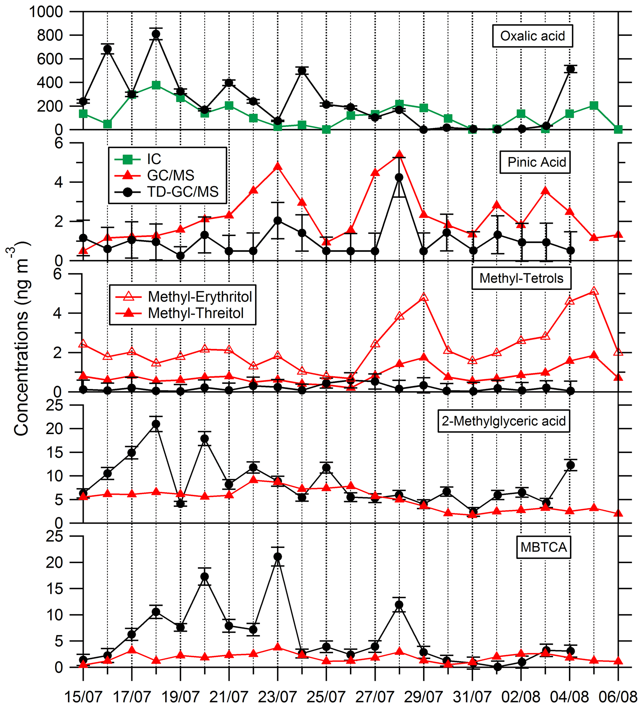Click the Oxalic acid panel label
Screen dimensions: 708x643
tap(532, 36)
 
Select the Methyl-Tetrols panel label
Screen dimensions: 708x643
tap(521, 278)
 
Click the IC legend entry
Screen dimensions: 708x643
tap(154, 159)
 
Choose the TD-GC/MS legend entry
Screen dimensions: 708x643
tap(183, 192)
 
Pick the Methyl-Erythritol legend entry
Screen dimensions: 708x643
tap(200, 297)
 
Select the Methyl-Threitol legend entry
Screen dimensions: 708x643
tap(195, 313)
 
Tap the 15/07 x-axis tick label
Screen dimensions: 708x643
tap(83, 697)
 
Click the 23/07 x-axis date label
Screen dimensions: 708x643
tap(277, 697)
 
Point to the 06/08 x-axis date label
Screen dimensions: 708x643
tap(618, 697)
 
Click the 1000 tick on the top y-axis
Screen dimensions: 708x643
tap(46, 12)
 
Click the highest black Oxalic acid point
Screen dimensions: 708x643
tap(156, 34)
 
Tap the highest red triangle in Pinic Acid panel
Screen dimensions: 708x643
tap(399, 154)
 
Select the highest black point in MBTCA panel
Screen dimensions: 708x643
tap(277, 557)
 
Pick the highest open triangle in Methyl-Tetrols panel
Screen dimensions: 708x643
tap(594, 291)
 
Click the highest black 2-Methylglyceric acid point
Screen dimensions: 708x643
tap(156, 424)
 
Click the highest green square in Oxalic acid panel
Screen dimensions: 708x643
tap(156, 85)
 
